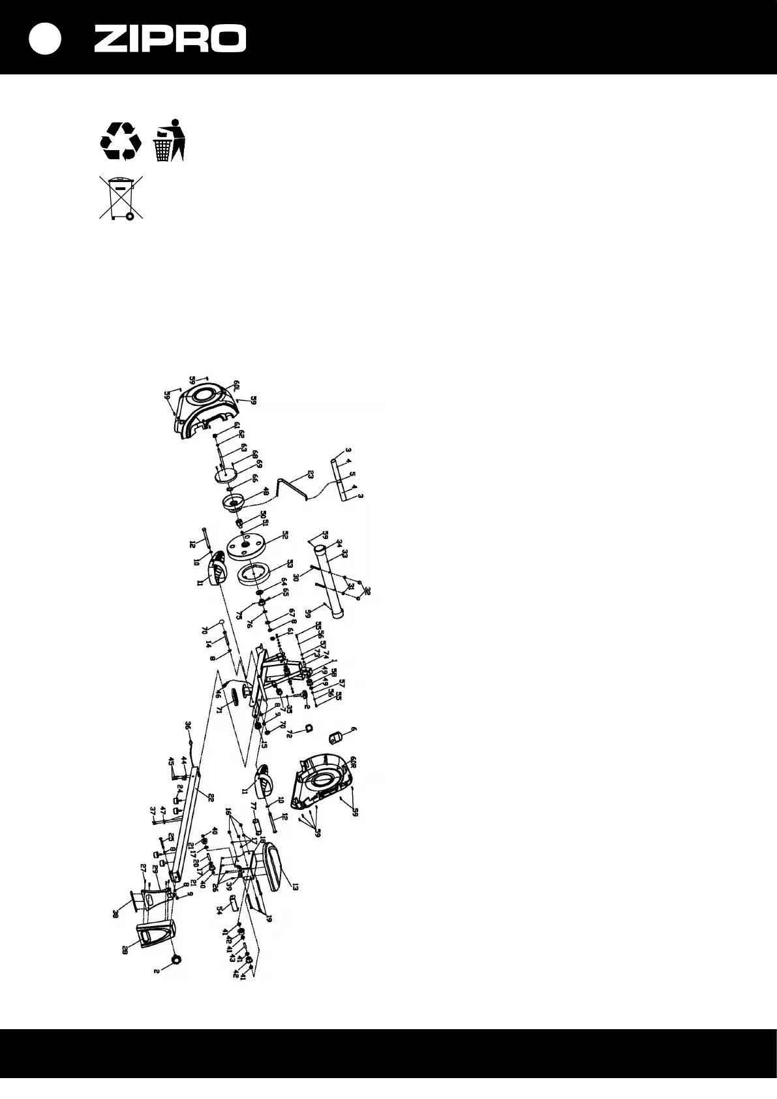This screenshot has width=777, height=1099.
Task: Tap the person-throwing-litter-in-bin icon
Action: point(170,140)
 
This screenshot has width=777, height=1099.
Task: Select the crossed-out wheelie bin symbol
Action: point(121,197)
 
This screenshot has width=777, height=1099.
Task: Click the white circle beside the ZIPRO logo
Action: point(45,39)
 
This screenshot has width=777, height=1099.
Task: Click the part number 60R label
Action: point(353,762)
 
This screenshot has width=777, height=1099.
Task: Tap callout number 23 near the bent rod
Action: point(311,474)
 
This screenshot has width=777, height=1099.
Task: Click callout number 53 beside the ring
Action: point(290,563)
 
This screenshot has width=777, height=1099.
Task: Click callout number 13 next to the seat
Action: point(295,887)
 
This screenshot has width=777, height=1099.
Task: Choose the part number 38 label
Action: point(115,914)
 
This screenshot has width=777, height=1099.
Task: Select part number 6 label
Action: point(355,730)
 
